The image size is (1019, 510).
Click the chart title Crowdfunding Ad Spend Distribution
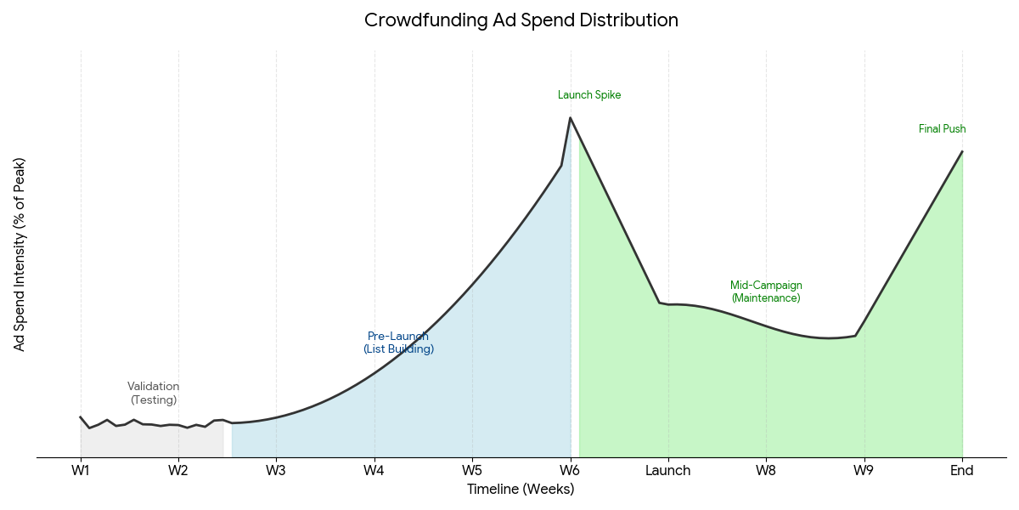point(521,20)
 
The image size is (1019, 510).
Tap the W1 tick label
point(81,471)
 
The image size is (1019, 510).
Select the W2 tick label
point(178,471)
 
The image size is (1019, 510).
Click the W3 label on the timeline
point(276,471)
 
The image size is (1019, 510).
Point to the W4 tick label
point(374,471)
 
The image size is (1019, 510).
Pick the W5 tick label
point(472,471)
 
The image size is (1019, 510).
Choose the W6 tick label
point(571,471)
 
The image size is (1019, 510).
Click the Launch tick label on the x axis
point(668,471)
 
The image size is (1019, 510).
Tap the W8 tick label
point(766,471)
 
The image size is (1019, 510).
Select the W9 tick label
point(864,471)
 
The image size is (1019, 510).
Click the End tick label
point(962,471)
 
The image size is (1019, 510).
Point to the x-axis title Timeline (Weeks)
point(521,490)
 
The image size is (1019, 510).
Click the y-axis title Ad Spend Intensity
point(20,254)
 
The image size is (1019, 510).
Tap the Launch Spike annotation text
point(589,95)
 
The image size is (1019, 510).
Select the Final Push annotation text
point(943,129)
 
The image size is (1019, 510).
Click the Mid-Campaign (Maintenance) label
point(766,292)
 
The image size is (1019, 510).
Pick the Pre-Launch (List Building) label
point(398,343)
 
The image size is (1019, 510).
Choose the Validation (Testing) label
point(154,393)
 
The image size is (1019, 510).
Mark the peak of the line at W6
point(570,118)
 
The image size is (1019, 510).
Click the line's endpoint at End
point(962,151)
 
